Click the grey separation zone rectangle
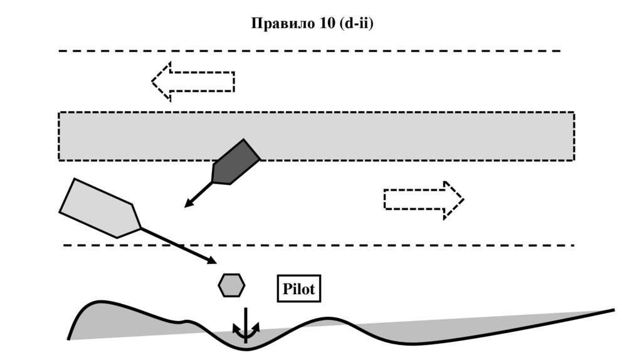[x=376, y=136]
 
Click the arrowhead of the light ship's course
[x=213, y=260]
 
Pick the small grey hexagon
[x=231, y=285]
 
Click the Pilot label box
[x=298, y=290]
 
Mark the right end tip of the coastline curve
[x=613, y=310]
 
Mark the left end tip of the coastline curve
[x=69, y=339]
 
